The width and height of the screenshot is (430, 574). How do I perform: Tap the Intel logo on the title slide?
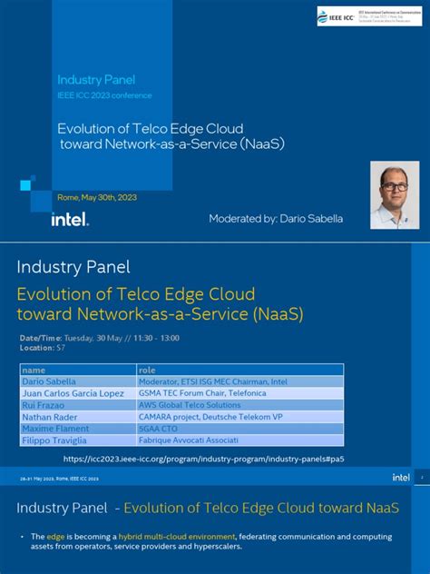point(70,218)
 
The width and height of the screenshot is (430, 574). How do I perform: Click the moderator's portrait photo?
point(395,194)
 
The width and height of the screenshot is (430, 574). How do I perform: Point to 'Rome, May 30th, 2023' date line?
point(97,197)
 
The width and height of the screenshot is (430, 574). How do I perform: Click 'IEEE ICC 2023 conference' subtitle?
point(104,95)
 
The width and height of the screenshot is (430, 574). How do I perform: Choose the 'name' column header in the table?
point(34,371)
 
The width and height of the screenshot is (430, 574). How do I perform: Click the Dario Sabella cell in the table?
point(49,381)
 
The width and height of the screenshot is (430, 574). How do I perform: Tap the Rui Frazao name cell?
point(45,405)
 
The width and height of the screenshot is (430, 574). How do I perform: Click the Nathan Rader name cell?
point(50,417)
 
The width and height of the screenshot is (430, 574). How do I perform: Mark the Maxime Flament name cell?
point(55,429)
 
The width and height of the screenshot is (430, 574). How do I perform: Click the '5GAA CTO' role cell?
point(158,429)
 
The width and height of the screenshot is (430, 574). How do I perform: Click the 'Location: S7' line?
point(43,348)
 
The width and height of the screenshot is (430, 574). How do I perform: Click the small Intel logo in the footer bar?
point(400,477)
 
